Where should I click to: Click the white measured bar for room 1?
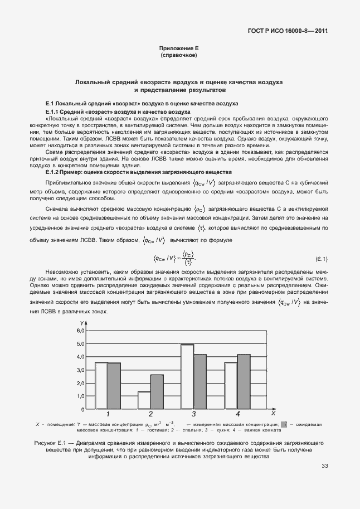(x=101, y=386)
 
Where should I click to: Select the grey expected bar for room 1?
(x=114, y=386)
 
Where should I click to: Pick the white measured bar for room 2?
(x=144, y=400)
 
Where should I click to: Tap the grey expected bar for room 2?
(x=157, y=392)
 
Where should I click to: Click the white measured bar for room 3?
(x=187, y=377)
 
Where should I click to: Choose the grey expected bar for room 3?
(x=200, y=382)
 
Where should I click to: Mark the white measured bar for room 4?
(x=231, y=386)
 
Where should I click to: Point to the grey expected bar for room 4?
(x=244, y=382)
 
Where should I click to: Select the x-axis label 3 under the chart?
(x=194, y=414)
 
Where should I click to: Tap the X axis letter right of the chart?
(x=274, y=414)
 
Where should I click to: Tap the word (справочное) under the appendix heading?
(x=179, y=56)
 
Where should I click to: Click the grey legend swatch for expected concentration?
(x=284, y=425)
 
